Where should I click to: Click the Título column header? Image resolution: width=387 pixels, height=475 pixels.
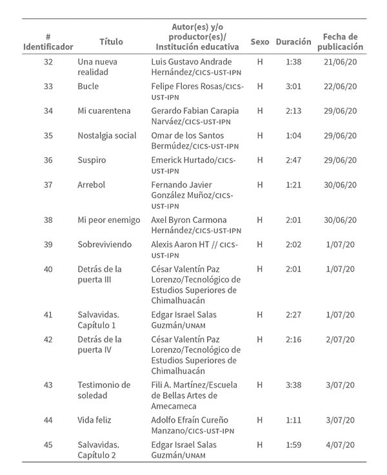[x=111, y=41]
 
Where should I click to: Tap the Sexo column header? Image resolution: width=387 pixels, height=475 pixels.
[x=260, y=41]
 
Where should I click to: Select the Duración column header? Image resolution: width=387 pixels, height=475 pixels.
[x=293, y=41]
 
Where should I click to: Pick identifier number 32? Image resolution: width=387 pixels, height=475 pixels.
[x=48, y=61]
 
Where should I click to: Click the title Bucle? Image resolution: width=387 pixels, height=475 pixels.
[x=88, y=86]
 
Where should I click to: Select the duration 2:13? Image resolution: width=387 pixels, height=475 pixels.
[x=293, y=111]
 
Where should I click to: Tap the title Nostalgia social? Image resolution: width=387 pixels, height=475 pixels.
[x=106, y=135]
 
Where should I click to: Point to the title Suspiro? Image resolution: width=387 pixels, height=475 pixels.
[x=92, y=160]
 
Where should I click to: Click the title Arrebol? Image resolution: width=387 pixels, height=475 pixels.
[x=91, y=184]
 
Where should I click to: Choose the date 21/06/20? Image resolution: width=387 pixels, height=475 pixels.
[x=341, y=61]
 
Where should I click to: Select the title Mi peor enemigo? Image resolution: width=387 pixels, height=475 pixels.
[x=108, y=220]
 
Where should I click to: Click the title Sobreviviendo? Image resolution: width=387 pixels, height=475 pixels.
[x=104, y=244]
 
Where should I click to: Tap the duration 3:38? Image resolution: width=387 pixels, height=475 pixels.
[x=293, y=385]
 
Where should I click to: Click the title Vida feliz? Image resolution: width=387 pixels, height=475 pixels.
[x=94, y=420]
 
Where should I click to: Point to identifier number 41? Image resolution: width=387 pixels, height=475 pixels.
[x=48, y=315]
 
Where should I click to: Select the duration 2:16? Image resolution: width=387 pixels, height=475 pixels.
[x=293, y=339]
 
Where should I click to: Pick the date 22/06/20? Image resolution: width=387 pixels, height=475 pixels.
[x=341, y=86]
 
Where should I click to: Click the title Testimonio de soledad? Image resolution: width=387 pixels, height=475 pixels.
[x=104, y=390]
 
